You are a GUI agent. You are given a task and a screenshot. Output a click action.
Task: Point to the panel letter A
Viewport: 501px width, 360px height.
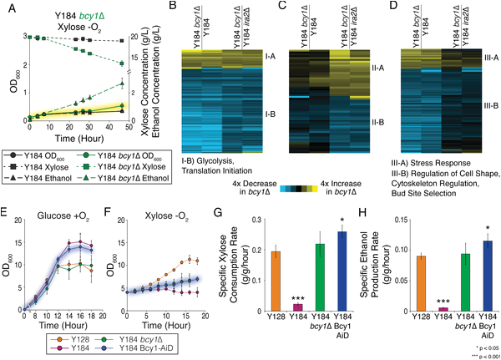tap(6, 7)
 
